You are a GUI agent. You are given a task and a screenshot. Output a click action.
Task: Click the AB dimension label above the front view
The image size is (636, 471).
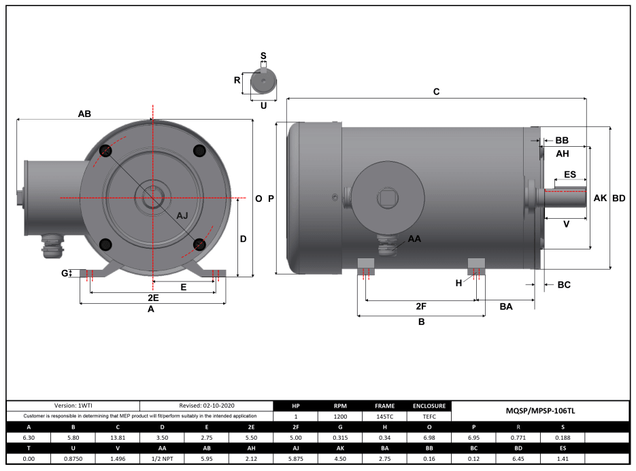[84, 114]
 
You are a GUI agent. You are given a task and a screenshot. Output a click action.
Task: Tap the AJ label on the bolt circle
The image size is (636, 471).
[182, 215]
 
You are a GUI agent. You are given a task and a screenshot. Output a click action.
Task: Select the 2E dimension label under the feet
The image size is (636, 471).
[153, 298]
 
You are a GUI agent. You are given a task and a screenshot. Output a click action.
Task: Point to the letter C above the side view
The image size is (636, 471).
[437, 91]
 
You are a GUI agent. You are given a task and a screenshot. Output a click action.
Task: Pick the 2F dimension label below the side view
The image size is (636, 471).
[421, 307]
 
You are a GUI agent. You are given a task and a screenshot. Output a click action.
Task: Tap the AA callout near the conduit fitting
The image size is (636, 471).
[414, 239]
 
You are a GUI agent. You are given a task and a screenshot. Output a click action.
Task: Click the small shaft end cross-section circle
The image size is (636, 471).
[263, 82]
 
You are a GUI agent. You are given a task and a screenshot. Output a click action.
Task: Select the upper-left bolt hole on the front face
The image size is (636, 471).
[105, 150]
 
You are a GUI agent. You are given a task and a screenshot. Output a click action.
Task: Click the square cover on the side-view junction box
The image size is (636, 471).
[387, 198]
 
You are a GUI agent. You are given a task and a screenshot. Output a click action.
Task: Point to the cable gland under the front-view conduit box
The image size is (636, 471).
[51, 247]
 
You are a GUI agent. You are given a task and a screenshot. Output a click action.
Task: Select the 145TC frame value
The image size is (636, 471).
[384, 417]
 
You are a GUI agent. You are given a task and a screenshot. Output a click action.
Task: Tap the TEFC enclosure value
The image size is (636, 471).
[429, 417]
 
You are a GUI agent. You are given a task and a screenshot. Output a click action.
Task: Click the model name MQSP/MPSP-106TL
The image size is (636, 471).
[541, 411]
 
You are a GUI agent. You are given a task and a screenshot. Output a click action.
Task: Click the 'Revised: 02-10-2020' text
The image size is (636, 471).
[207, 405]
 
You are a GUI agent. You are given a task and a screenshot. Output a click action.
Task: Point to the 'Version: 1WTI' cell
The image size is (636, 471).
[73, 405]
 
